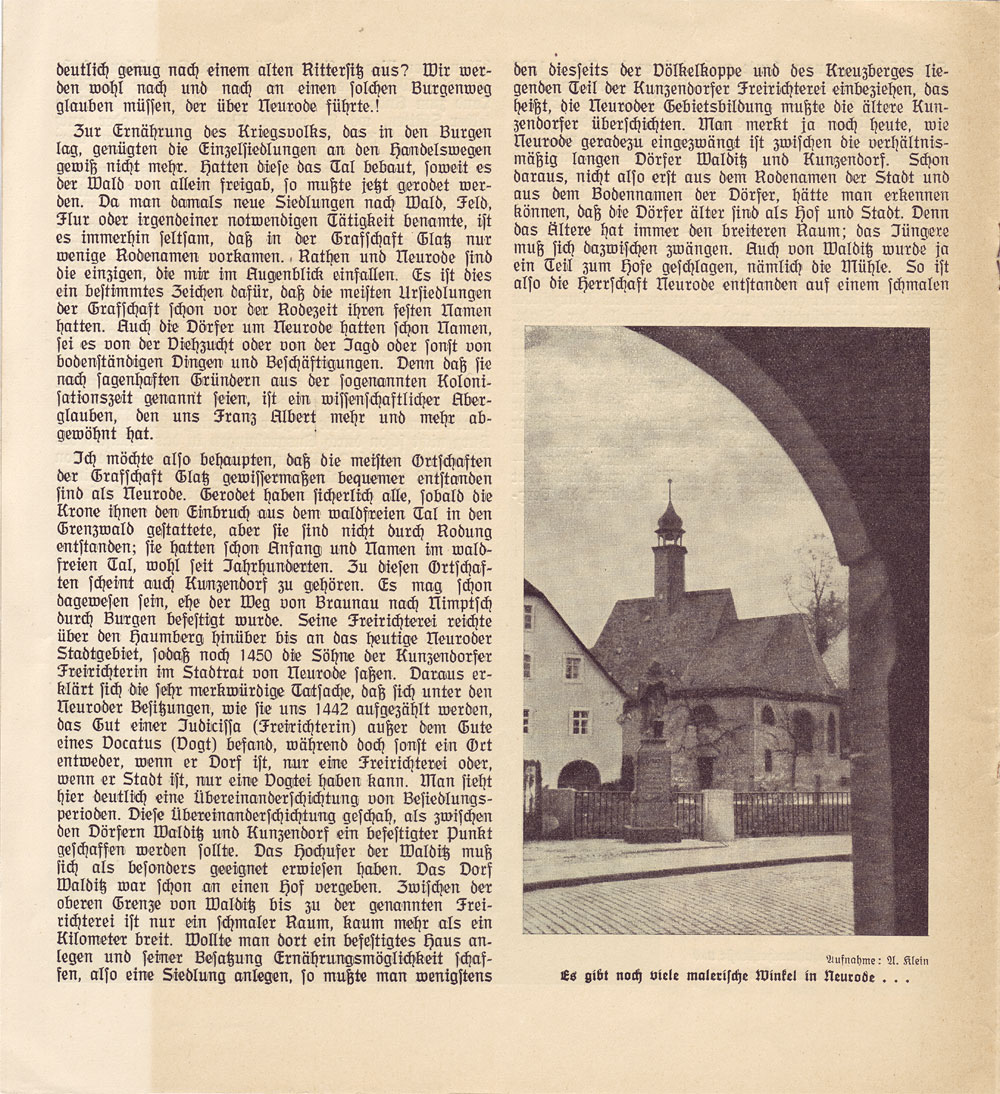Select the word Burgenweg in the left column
pyautogui.click(x=445, y=90)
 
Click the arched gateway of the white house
pyautogui.click(x=579, y=775)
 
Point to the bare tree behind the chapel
pyautogui.click(x=818, y=590)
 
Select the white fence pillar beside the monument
pyautogui.click(x=716, y=815)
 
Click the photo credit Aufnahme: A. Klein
pyautogui.click(x=877, y=960)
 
